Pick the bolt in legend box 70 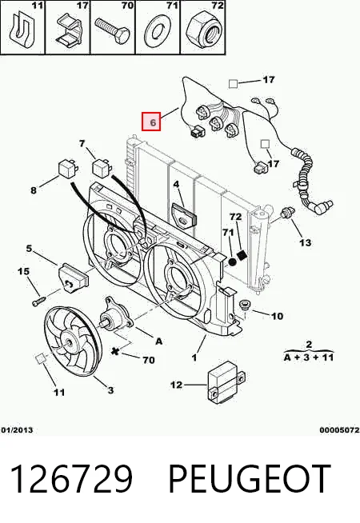pyautogui.click(x=113, y=31)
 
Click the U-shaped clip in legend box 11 pyautogui.click(x=22, y=30)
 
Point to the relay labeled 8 pyautogui.click(x=67, y=169)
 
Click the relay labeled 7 pyautogui.click(x=102, y=167)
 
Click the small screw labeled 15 pyautogui.click(x=38, y=300)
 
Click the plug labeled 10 pyautogui.click(x=244, y=306)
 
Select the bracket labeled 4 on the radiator pyautogui.click(x=184, y=216)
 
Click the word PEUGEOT pyautogui.click(x=250, y=479)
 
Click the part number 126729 pyautogui.click(x=72, y=479)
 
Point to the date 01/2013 pyautogui.click(x=17, y=430)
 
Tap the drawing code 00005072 pyautogui.click(x=340, y=430)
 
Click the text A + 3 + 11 pyautogui.click(x=309, y=357)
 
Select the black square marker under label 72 pyautogui.click(x=242, y=255)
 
